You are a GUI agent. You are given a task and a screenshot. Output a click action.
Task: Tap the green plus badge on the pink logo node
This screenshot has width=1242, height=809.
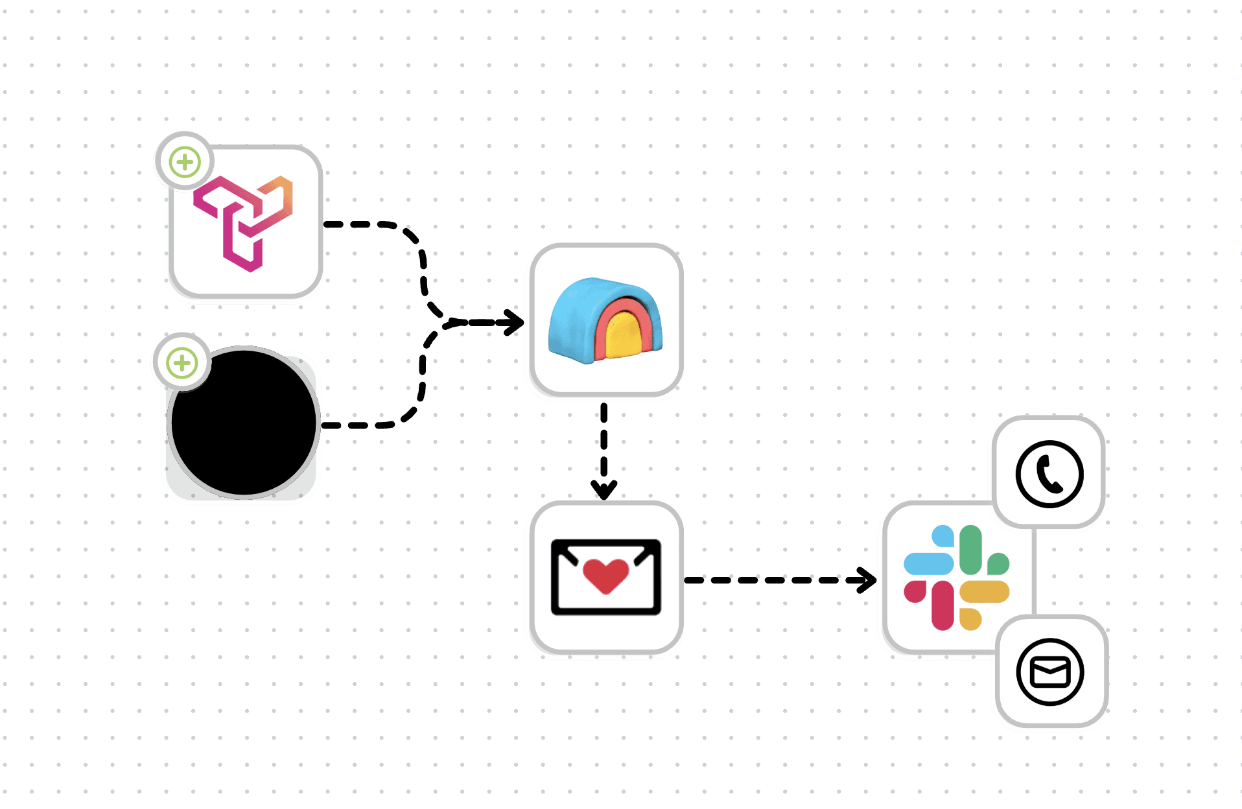[x=185, y=161]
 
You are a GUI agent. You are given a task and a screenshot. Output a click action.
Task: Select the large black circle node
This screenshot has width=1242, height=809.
[x=244, y=423]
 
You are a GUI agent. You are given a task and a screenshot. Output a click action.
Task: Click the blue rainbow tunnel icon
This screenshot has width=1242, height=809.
[x=605, y=320]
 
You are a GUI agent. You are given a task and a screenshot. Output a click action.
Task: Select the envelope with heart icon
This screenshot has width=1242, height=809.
[x=605, y=576]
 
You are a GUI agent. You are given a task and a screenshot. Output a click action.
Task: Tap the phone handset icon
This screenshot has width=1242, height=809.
[x=1049, y=474]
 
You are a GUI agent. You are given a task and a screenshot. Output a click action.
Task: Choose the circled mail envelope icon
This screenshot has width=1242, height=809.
[x=1049, y=671]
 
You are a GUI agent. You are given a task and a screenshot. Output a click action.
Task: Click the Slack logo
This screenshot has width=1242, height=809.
[x=956, y=577]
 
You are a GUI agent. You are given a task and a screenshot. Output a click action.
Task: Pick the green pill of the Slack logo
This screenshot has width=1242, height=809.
[x=970, y=549]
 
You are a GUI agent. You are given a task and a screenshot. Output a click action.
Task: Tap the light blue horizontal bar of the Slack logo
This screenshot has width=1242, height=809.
[x=928, y=563]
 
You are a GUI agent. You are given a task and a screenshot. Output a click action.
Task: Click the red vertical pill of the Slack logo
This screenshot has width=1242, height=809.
[x=943, y=605]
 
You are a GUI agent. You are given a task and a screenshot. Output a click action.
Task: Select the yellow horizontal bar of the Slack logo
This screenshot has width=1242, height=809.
[x=985, y=591]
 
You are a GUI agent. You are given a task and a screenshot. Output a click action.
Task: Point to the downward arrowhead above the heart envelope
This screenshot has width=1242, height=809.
[x=603, y=489]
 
